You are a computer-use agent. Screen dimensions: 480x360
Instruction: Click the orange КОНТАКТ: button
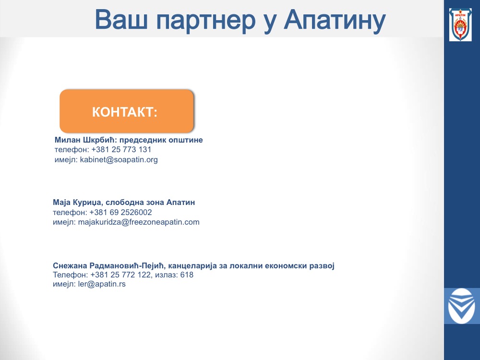[127, 111]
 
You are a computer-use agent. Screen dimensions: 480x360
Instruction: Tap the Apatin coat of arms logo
[460, 24]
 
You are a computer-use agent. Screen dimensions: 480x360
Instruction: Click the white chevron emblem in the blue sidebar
[461, 306]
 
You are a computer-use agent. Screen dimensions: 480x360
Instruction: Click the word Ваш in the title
[121, 19]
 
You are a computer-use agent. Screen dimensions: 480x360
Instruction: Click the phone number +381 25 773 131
[121, 149]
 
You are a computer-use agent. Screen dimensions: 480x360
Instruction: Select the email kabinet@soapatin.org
[119, 159]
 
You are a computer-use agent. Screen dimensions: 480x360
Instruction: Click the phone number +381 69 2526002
[120, 212]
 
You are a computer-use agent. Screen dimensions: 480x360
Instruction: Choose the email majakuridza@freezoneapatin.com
[139, 222]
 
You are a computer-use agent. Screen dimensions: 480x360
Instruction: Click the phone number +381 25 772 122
[120, 275]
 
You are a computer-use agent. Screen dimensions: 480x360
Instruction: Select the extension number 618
[187, 275]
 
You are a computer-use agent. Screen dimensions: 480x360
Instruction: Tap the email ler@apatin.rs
[102, 284]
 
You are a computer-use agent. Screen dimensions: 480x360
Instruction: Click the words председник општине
[161, 140]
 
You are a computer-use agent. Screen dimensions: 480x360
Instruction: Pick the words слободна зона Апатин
[150, 203]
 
